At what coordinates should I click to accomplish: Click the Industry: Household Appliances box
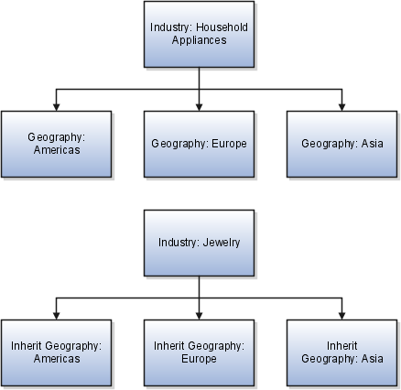click(x=199, y=34)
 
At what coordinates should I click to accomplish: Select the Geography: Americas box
click(x=57, y=144)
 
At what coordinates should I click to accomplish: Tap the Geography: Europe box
click(x=199, y=144)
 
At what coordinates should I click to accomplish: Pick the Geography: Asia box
click(x=341, y=144)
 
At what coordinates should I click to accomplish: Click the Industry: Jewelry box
click(x=199, y=243)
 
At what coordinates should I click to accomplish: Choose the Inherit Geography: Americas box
click(x=57, y=352)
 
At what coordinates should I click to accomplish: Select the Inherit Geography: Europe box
click(x=199, y=352)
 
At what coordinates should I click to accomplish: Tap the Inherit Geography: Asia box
click(x=341, y=352)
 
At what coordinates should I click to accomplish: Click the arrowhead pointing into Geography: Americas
click(x=56, y=107)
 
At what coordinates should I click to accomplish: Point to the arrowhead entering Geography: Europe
click(x=199, y=107)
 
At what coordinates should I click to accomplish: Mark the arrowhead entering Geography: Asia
click(x=341, y=107)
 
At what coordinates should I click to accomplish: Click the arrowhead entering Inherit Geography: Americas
click(x=56, y=316)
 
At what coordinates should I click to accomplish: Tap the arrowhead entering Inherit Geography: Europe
click(x=199, y=316)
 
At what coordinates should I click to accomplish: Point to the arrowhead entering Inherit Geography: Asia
click(x=341, y=316)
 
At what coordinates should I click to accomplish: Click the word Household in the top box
click(x=222, y=27)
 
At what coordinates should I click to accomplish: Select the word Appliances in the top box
click(x=199, y=40)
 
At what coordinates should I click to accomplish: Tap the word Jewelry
click(x=222, y=243)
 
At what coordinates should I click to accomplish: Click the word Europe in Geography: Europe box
click(x=229, y=144)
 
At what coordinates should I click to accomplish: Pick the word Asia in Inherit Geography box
click(x=372, y=359)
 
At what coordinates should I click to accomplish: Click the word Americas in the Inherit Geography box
click(x=57, y=359)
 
